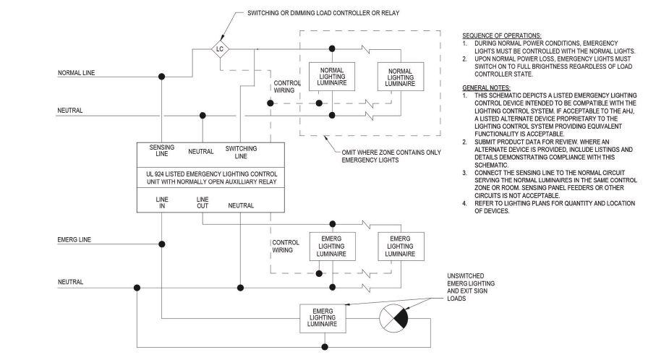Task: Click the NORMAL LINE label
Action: coord(76,73)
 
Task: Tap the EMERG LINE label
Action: coord(74,239)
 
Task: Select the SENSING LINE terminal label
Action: coord(161,150)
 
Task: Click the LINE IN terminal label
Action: coord(161,202)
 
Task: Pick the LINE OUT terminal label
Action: coord(203,202)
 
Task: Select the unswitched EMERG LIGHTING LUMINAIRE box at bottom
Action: coord(323,318)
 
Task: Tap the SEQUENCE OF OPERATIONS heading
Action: coord(500,35)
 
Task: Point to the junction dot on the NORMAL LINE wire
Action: coord(162,75)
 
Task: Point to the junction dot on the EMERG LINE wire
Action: coord(162,241)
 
